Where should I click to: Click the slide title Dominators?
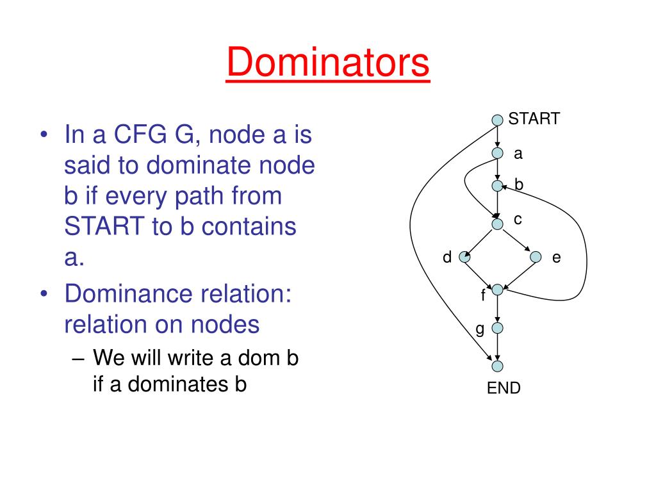[x=327, y=64]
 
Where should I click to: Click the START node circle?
[x=497, y=120]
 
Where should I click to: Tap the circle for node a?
[x=497, y=153]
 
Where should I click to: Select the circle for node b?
[x=497, y=186]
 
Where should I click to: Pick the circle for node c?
[x=497, y=224]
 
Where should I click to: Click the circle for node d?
[x=464, y=258]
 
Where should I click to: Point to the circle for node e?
[x=536, y=258]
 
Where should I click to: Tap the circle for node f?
[x=497, y=290]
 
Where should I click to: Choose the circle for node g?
[x=497, y=328]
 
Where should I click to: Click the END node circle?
[x=497, y=366]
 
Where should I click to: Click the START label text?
[x=534, y=119]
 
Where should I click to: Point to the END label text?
[x=504, y=388]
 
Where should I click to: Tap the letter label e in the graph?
[x=556, y=258]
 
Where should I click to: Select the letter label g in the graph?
[x=479, y=329]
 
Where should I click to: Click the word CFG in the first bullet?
[x=140, y=135]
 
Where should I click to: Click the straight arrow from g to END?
[x=497, y=347]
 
